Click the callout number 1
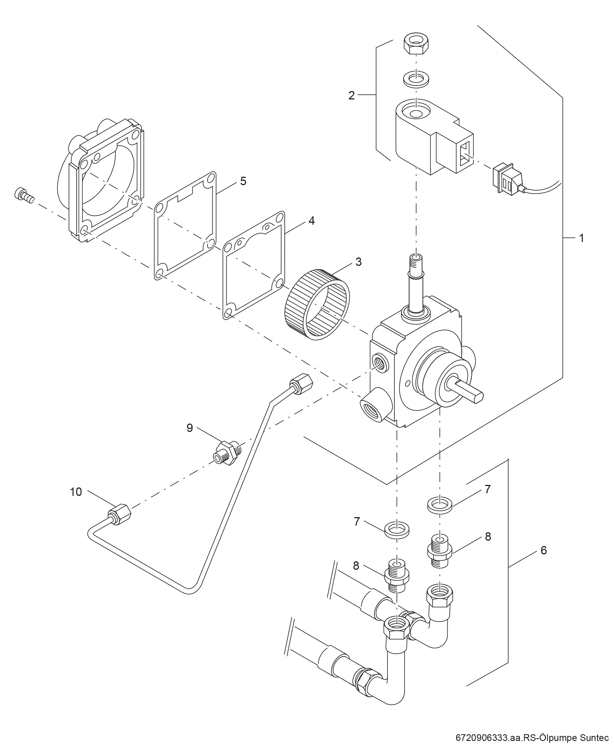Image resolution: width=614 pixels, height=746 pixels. coord(582,238)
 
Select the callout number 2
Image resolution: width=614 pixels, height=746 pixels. coord(351,96)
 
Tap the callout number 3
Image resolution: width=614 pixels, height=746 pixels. coord(358,262)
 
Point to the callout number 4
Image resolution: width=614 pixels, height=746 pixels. coord(311,221)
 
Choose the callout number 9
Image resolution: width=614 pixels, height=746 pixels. coord(190,428)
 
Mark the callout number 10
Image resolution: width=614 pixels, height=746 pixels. coord(76,492)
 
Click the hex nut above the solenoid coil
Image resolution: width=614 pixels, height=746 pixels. coord(416,44)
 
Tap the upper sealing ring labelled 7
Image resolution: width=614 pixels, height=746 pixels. coord(440,505)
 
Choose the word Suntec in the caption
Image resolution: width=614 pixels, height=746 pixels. coord(593,736)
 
